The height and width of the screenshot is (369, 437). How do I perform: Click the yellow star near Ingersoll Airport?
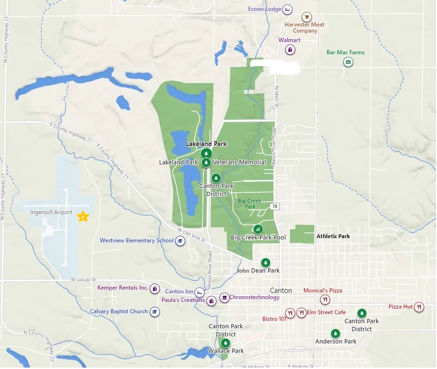click(83, 216)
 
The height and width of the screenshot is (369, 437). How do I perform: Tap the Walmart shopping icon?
click(292, 49)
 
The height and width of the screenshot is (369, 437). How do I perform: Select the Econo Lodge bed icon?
click(287, 9)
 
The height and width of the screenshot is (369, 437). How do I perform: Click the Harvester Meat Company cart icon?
click(307, 17)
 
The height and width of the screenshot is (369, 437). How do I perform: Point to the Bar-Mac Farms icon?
click(348, 62)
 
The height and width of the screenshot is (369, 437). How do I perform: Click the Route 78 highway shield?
click(275, 206)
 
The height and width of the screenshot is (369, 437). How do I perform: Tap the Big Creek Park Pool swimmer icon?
click(258, 229)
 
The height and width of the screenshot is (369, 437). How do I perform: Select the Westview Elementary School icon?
click(180, 241)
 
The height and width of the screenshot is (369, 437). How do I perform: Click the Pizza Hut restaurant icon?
click(419, 307)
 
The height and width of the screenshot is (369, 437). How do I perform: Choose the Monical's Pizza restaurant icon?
click(325, 299)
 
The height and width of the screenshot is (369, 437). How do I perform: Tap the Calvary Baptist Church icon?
click(154, 312)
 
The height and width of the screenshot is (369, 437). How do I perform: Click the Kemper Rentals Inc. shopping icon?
click(154, 288)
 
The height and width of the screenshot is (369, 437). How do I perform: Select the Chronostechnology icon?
click(224, 298)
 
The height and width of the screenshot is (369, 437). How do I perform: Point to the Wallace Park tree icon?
click(226, 343)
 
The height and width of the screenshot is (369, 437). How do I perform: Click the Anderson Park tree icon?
click(336, 333)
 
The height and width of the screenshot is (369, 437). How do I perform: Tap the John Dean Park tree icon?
click(265, 262)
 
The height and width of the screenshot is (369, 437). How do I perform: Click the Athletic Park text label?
click(333, 236)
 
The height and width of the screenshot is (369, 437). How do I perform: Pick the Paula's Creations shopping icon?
click(211, 300)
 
